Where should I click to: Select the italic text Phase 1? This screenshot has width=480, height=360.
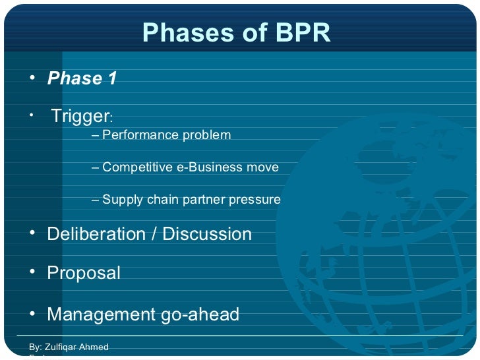point(82,79)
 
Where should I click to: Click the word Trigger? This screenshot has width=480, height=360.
point(80,117)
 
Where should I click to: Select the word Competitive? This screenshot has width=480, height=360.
point(137,167)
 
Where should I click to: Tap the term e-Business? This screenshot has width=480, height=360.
point(209,167)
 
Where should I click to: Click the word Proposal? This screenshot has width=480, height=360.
point(84,274)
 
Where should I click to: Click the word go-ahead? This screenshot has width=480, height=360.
point(200,315)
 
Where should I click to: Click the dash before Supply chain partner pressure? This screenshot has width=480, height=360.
point(96,200)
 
